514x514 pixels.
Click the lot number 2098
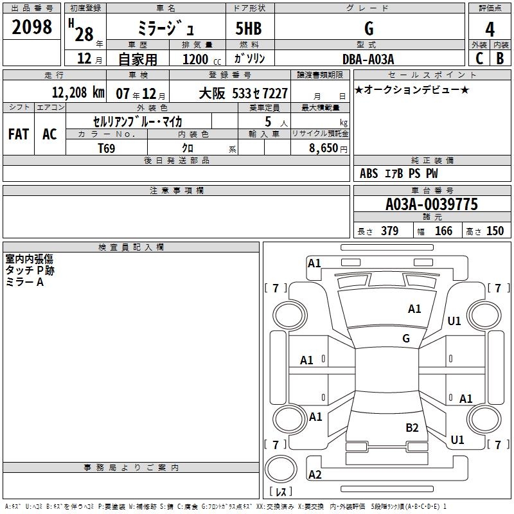tap(32, 26)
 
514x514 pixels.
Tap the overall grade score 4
tap(490, 29)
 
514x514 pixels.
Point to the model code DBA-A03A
tap(368, 58)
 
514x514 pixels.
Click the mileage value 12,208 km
tap(77, 93)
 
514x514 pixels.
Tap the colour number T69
tap(107, 148)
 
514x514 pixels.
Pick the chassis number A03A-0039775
tap(431, 204)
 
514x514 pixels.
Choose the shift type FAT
tap(18, 134)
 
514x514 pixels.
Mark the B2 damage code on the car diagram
tap(412, 427)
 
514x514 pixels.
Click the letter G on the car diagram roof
tap(405, 339)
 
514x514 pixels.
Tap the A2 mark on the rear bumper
tap(315, 475)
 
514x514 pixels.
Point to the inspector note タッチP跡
tap(30, 270)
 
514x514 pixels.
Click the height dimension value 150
tap(495, 231)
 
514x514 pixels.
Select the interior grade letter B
tap(499, 58)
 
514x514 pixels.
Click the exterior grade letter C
tap(479, 58)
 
